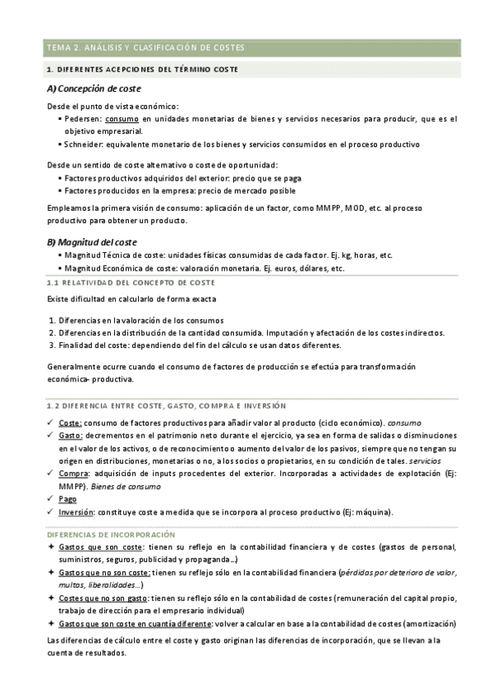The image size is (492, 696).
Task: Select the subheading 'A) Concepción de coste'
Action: (94, 89)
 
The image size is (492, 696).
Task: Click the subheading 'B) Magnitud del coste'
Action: (92, 242)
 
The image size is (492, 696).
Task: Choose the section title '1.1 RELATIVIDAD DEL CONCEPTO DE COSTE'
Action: (131, 282)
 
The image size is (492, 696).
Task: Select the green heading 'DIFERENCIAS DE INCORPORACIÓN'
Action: (111, 534)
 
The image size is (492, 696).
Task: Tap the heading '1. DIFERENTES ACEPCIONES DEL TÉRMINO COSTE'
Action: (142, 70)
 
